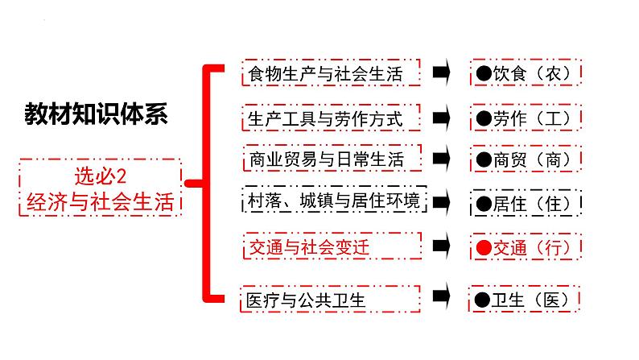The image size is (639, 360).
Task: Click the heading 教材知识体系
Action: (x=96, y=114)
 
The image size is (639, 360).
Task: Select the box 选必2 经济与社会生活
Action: (x=101, y=188)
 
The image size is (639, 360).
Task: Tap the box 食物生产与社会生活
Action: (x=331, y=74)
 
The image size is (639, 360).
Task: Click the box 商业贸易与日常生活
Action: (x=331, y=159)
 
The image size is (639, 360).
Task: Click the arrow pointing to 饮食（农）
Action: (x=441, y=73)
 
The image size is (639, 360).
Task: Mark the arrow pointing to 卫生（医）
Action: (x=441, y=299)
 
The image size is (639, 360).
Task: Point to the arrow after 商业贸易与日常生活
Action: (x=441, y=159)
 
